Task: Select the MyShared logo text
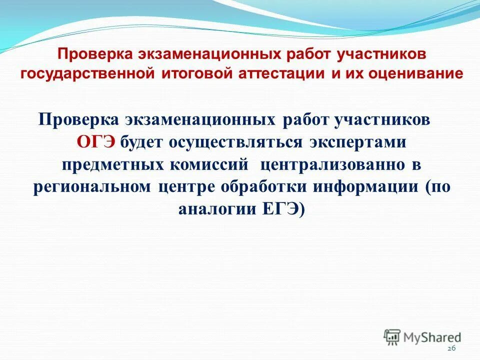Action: click(433, 337)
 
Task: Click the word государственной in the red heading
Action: click(89, 73)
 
